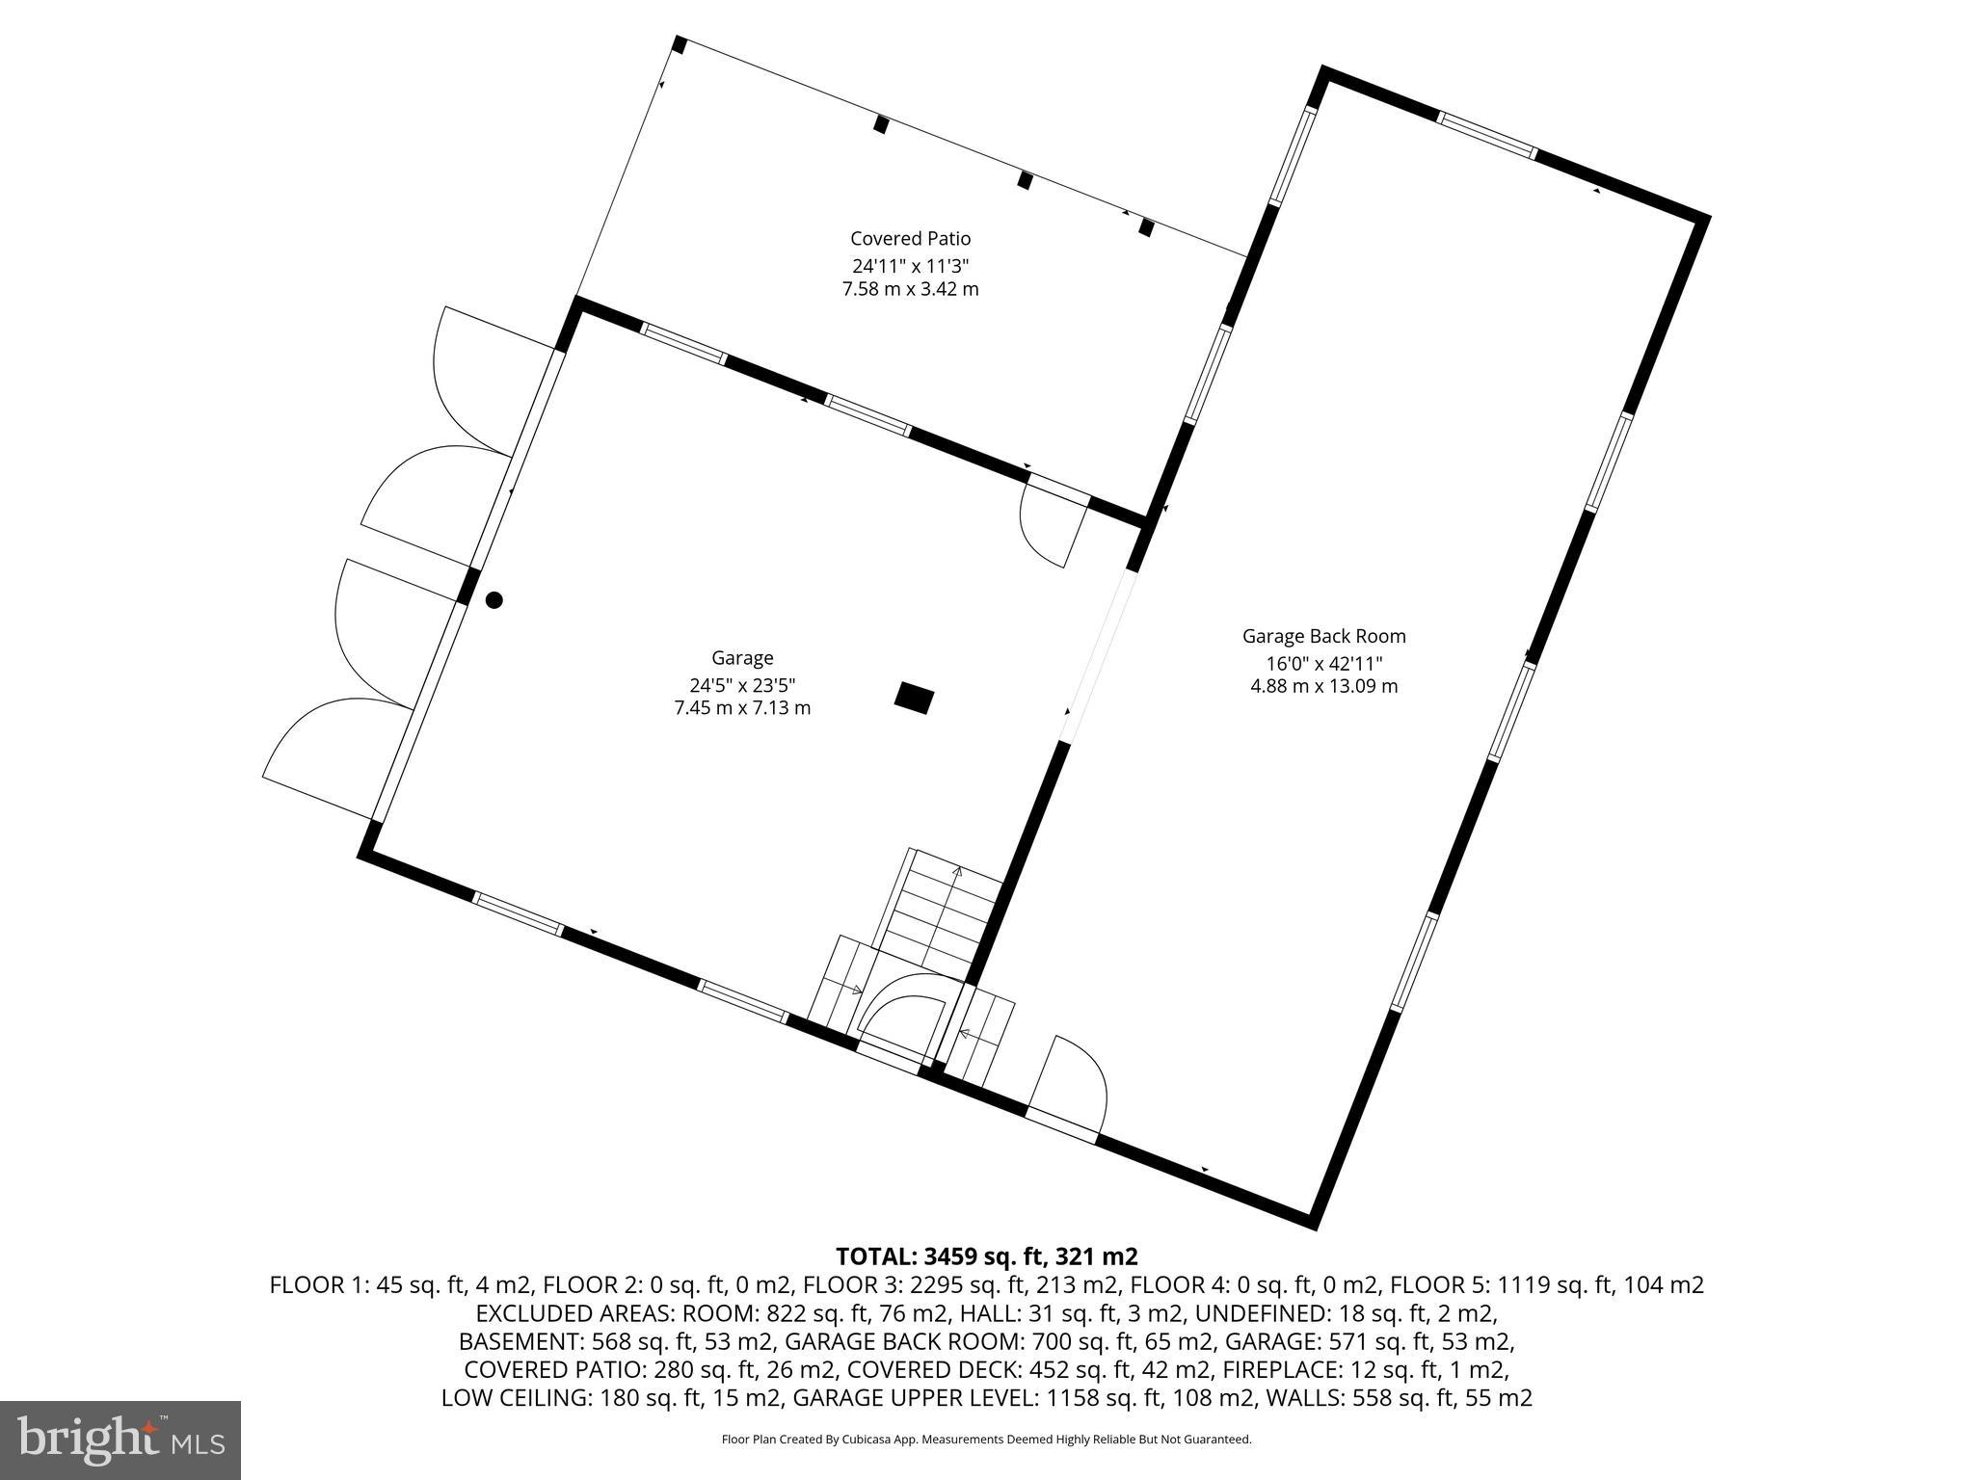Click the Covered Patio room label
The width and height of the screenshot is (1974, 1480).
[910, 238]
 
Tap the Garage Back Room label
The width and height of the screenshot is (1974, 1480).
[1323, 636]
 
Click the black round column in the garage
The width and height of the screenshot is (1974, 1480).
[493, 600]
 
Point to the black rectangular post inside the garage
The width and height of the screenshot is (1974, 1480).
[914, 698]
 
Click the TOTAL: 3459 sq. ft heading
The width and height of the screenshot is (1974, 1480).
[986, 1256]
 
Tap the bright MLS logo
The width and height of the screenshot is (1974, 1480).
[120, 1440]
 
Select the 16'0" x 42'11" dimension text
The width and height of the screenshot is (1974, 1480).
[1323, 663]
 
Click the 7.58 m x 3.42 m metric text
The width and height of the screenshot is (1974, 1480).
[910, 289]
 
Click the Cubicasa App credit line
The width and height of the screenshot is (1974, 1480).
[986, 1440]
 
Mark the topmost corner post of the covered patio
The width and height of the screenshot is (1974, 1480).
[679, 44]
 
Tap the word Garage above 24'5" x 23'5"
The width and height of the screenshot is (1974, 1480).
[741, 658]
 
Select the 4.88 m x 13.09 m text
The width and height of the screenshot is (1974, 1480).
[1323, 686]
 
